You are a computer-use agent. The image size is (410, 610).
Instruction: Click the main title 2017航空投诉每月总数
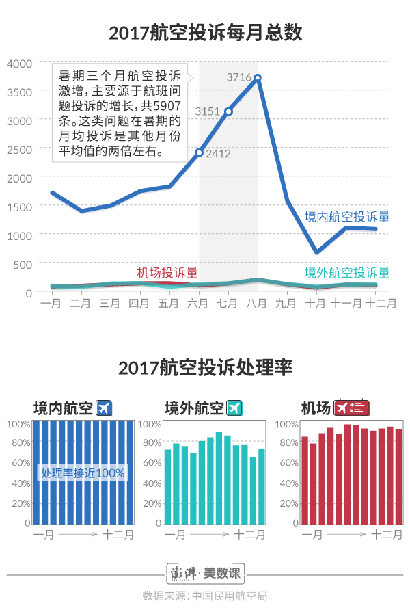[x=205, y=33]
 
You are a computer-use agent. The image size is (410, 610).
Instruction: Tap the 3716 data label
[x=239, y=77]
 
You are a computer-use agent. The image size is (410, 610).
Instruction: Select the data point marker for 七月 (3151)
[x=229, y=111]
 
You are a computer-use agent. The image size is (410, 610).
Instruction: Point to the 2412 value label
[x=218, y=153]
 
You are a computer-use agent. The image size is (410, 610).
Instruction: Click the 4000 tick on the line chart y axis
[x=20, y=63]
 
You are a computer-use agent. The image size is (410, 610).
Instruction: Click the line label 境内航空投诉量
[x=347, y=217]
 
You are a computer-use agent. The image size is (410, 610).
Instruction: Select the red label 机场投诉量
[x=167, y=272]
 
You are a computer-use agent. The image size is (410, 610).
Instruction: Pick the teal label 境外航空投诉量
[x=347, y=272]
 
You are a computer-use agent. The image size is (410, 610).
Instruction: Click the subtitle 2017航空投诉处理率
[x=205, y=368]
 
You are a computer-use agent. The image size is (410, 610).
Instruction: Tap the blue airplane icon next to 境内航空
[x=104, y=408]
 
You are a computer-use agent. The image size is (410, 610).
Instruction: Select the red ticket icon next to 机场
[x=352, y=408]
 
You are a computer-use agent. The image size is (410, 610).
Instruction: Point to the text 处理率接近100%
[x=83, y=473]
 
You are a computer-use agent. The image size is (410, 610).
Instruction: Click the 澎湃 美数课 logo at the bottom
[x=205, y=572]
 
